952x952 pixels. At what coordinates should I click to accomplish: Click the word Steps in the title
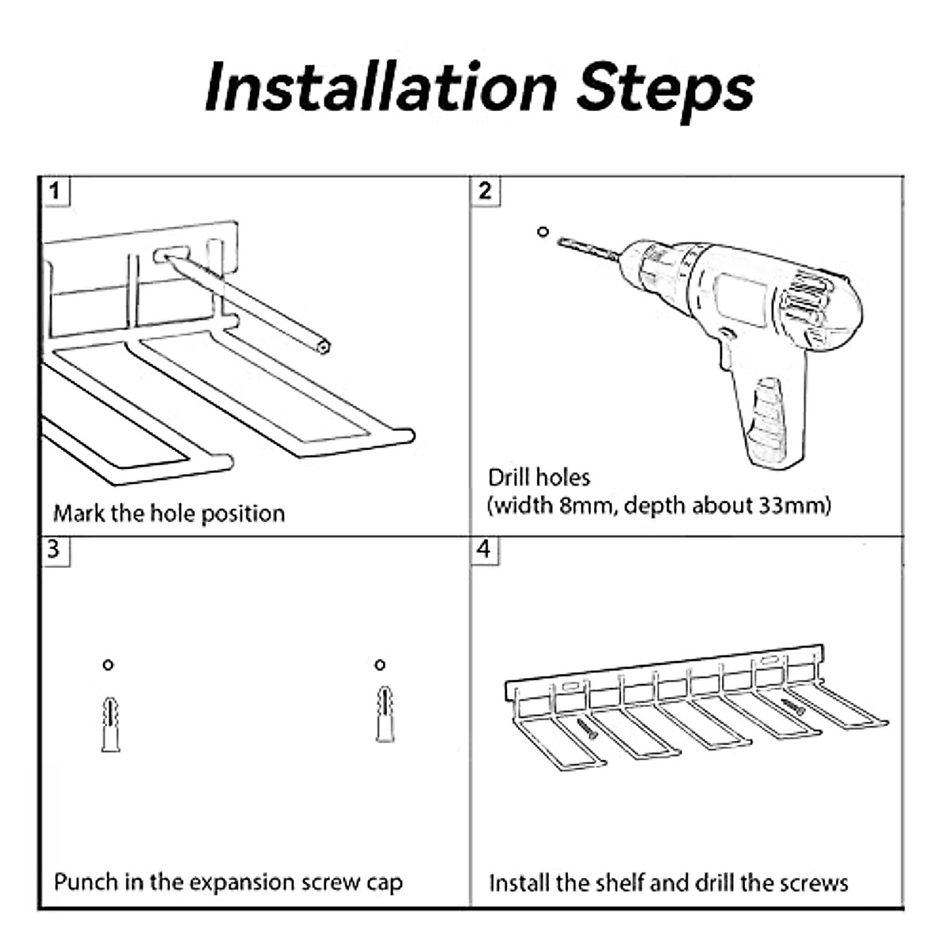665,92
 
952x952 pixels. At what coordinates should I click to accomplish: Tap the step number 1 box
55,191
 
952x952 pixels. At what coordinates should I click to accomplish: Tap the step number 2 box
485,191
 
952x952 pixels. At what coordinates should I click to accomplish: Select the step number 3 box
55,549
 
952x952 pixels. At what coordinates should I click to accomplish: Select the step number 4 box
484,549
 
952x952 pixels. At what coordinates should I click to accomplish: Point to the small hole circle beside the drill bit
543,231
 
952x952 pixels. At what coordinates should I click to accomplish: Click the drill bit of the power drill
588,249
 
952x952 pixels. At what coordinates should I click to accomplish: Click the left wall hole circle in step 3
108,665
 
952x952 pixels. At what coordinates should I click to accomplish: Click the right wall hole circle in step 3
379,665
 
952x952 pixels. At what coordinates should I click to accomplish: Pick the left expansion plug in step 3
110,724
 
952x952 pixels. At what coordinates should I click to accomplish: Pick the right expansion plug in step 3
385,714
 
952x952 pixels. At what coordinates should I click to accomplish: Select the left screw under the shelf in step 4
586,729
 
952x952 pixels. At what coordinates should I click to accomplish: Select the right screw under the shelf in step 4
793,707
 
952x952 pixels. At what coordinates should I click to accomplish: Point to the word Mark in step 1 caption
79,514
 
